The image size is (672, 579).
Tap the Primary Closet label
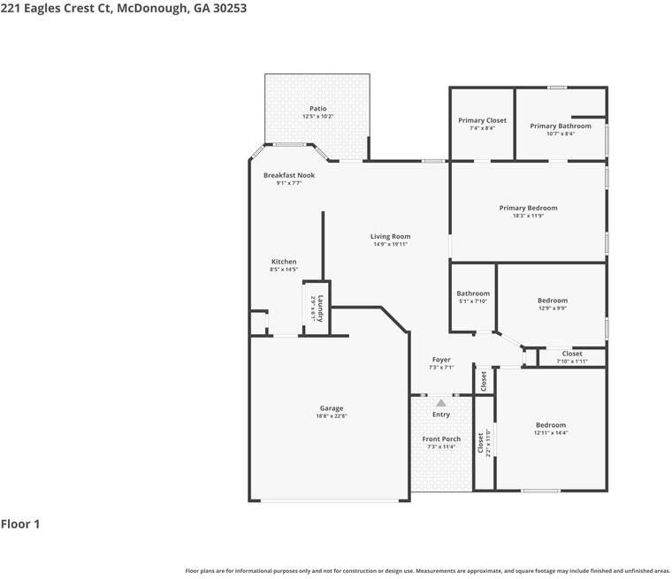coord(482,120)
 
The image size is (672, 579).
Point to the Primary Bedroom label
coord(528,208)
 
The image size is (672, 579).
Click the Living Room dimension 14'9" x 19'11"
coord(390,244)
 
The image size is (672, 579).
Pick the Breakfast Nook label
coord(288,175)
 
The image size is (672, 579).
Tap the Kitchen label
coord(284,262)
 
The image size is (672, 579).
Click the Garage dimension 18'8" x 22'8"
coord(332,415)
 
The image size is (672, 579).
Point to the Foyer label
coord(441,360)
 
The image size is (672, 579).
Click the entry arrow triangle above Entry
coord(441,402)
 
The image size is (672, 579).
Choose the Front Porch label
coord(441,439)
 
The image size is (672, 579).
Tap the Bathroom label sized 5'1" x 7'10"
coord(473,293)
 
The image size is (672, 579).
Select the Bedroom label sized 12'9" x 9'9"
coord(552,301)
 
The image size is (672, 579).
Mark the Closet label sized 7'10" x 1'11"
coord(572,354)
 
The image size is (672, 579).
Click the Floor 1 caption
coord(20,524)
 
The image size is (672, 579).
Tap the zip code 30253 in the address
coord(225,8)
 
